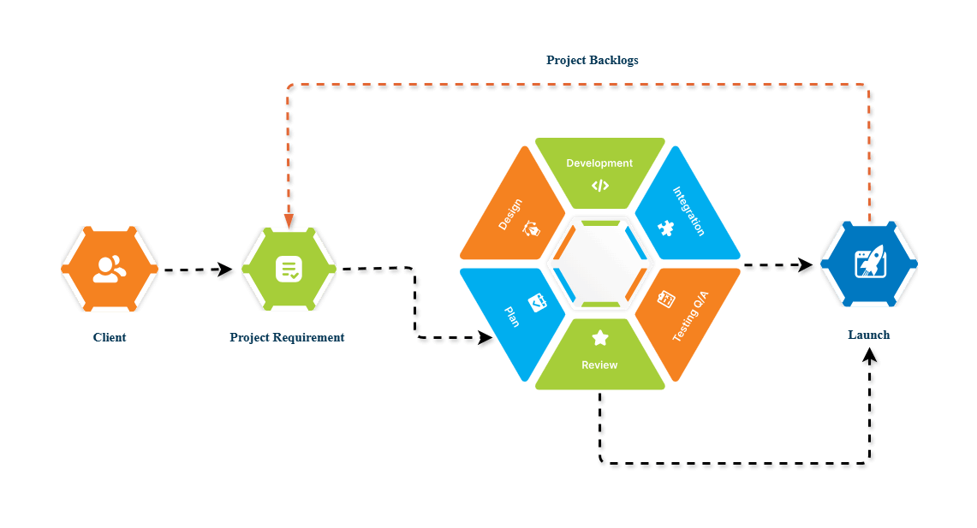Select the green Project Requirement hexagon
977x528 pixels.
[289, 269]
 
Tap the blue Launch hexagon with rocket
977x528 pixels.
[869, 263]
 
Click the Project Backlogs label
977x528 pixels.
[592, 61]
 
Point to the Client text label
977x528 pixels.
[110, 337]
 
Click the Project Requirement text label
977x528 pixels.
[287, 337]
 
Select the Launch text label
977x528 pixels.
[868, 335]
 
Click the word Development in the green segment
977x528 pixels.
[599, 163]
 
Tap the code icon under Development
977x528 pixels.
[599, 185]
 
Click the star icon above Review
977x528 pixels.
[599, 339]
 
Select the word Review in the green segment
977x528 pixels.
[599, 365]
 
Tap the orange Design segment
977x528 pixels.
[514, 210]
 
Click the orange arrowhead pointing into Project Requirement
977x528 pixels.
[289, 220]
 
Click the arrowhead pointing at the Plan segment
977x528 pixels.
[485, 338]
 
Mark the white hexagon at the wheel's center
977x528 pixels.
[599, 264]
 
